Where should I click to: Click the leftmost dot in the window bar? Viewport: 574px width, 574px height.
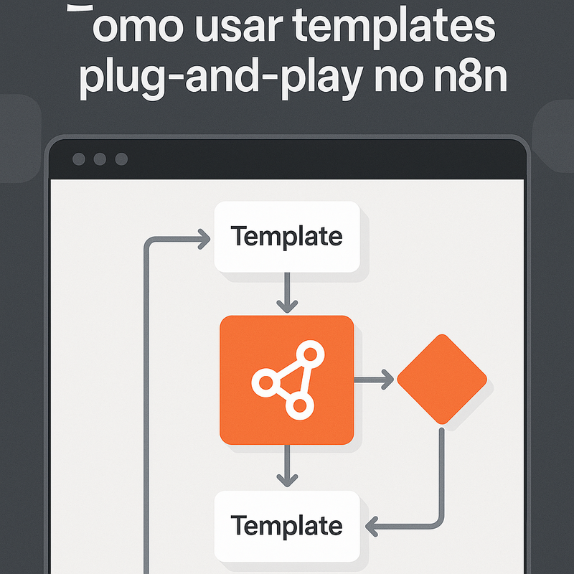[78, 159]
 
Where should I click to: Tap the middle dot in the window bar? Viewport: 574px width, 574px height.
[100, 159]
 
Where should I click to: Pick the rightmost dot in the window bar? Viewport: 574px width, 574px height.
[121, 159]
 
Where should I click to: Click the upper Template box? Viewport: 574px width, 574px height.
[287, 237]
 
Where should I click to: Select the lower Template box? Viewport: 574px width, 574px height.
[287, 526]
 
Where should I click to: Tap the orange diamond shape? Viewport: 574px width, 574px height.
[442, 379]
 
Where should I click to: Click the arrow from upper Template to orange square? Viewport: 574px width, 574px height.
[287, 293]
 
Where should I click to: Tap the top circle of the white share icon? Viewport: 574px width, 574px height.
[311, 353]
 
